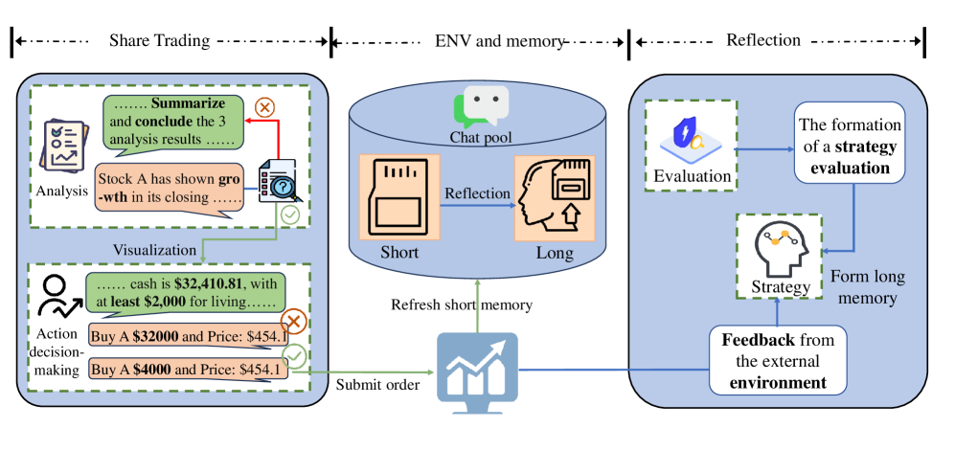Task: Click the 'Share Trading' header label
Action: click(159, 40)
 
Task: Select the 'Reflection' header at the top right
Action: click(763, 40)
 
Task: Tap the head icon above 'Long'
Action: click(555, 199)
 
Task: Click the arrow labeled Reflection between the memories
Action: click(475, 202)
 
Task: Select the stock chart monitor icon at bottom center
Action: click(477, 366)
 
